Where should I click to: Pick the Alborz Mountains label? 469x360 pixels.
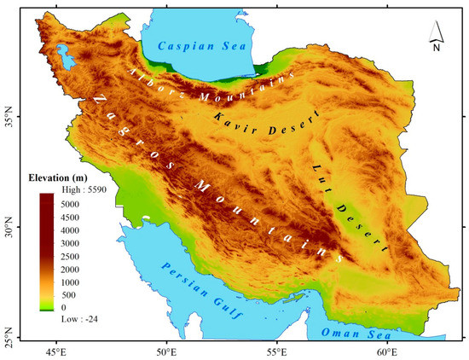[x=212, y=85]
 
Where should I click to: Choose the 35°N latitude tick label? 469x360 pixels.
[x=9, y=113]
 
